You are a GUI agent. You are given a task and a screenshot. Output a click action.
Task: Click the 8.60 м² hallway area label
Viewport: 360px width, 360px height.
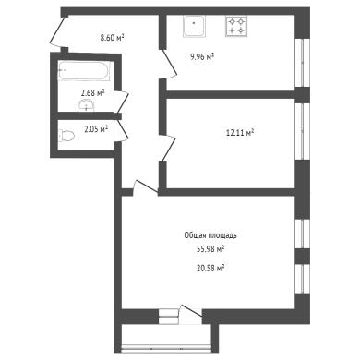click(112, 38)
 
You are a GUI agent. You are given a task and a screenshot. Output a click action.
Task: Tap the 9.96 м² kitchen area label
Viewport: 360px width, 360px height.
click(202, 57)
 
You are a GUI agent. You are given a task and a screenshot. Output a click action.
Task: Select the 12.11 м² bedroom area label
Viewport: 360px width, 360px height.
click(240, 133)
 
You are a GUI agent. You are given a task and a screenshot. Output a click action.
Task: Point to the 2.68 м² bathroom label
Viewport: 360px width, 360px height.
click(93, 92)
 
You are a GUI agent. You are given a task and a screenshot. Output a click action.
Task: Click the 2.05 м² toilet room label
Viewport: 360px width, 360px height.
click(96, 129)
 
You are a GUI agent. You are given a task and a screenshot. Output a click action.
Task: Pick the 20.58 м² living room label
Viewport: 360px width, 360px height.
click(210, 269)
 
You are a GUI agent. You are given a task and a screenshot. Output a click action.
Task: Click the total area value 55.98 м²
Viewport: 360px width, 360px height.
click(210, 249)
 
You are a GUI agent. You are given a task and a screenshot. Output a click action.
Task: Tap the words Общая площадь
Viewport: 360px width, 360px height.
click(210, 235)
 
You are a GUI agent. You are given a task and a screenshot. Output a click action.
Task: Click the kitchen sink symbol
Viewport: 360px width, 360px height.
click(194, 27)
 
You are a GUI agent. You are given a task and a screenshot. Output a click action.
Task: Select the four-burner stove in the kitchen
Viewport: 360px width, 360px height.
click(236, 26)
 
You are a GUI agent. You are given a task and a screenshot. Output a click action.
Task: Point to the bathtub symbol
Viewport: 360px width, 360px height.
click(84, 71)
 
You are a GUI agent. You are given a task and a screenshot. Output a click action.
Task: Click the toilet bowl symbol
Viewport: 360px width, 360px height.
click(67, 136)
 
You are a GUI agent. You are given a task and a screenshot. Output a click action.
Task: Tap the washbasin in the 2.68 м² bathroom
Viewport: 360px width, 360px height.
click(87, 105)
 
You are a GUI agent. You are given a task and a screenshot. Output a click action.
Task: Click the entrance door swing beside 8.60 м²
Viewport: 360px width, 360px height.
click(58, 32)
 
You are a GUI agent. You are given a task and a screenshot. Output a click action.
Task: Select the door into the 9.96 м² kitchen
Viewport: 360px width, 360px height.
click(169, 65)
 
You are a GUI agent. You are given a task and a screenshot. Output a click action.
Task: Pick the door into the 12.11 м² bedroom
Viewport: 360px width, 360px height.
click(168, 148)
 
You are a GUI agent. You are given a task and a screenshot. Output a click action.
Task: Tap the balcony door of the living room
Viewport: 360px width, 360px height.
click(191, 314)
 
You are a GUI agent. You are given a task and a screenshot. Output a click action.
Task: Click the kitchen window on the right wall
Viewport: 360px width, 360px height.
click(303, 63)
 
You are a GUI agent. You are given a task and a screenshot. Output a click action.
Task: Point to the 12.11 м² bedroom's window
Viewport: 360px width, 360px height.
click(303, 131)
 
